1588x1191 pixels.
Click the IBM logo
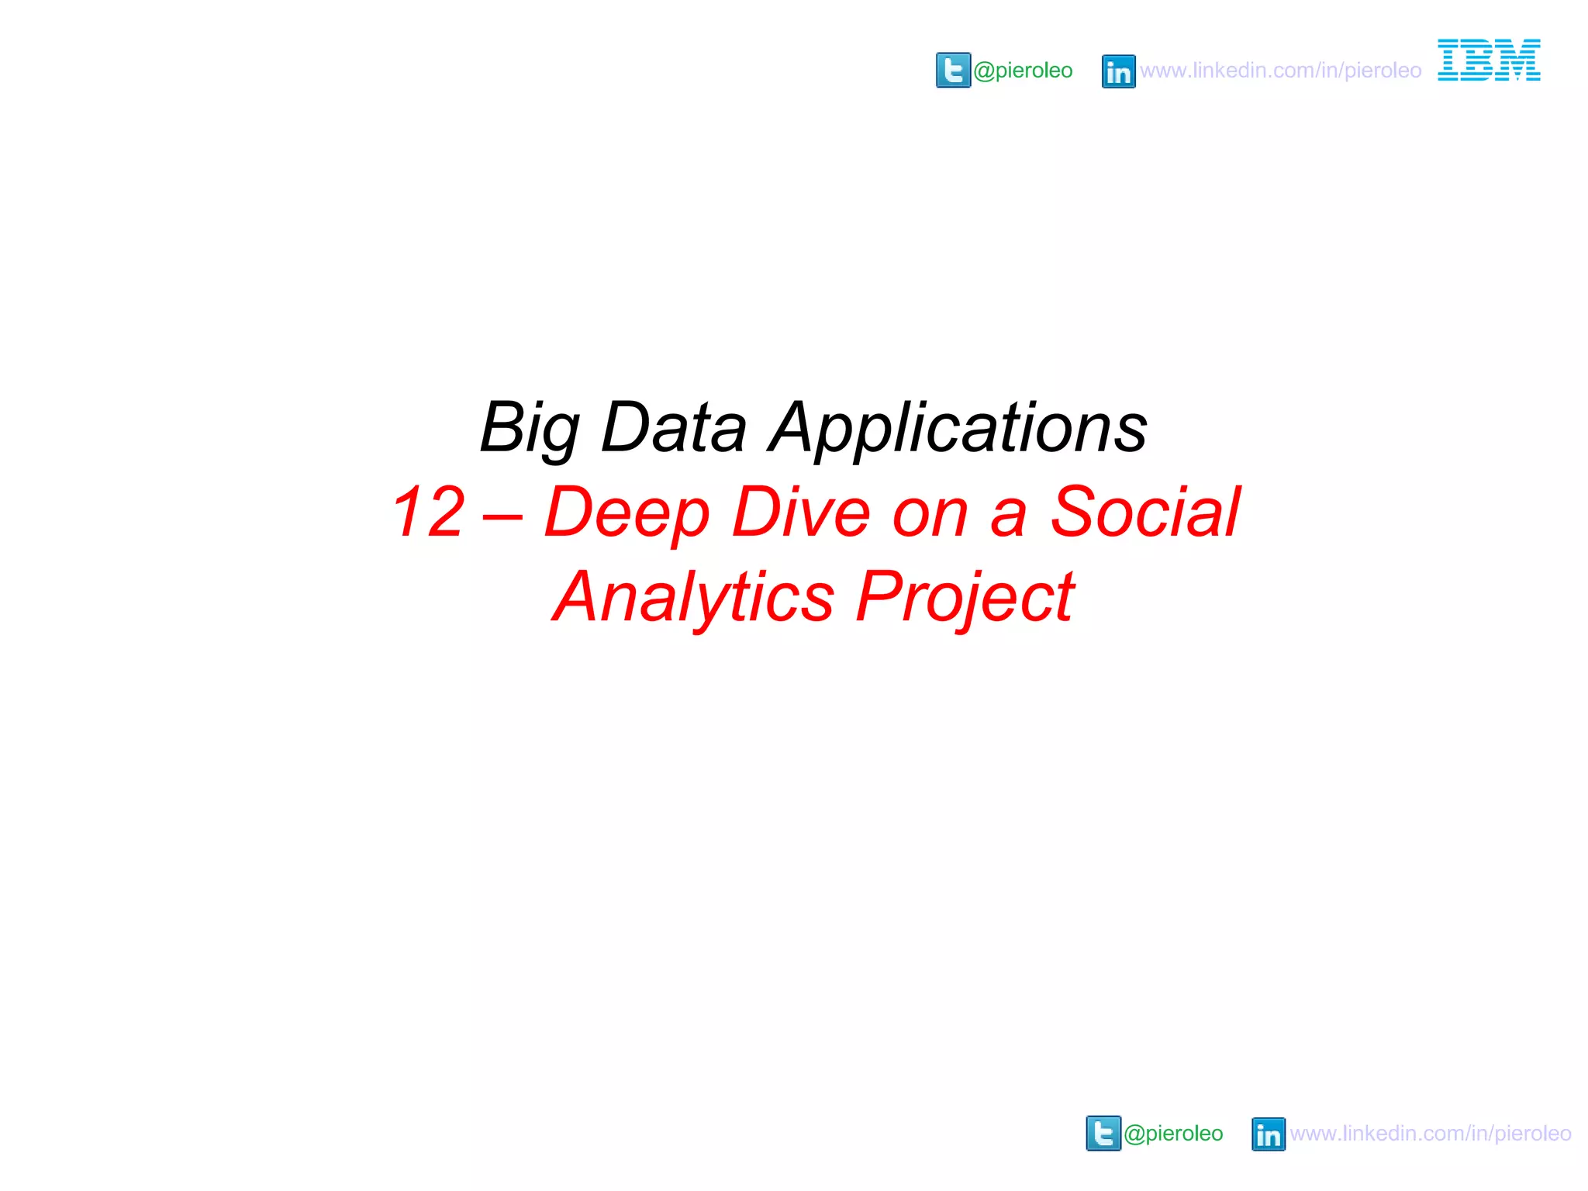click(x=1489, y=60)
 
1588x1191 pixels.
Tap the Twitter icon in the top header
click(x=953, y=71)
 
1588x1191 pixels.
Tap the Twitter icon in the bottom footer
click(x=1103, y=1134)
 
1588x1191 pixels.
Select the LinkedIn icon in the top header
click(x=1118, y=71)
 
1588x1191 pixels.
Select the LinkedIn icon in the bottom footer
click(x=1269, y=1134)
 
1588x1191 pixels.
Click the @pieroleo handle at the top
click(x=1023, y=71)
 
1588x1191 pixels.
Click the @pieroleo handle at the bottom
click(x=1173, y=1134)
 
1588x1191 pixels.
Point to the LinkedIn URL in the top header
click(x=1280, y=71)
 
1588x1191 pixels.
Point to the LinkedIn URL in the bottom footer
click(x=1431, y=1134)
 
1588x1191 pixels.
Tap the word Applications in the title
click(x=958, y=429)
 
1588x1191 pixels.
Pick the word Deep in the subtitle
click(x=627, y=513)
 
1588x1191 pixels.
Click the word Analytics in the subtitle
click(x=693, y=598)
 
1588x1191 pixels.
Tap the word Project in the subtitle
click(x=965, y=598)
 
